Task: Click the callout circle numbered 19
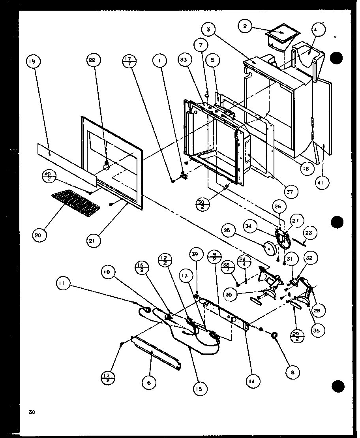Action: (33, 62)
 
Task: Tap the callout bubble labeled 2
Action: (245, 26)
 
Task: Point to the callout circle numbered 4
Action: (319, 29)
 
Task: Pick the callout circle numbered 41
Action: (322, 183)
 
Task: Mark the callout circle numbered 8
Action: (293, 371)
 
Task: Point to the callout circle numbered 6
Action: (149, 382)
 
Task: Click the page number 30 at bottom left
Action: (32, 412)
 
